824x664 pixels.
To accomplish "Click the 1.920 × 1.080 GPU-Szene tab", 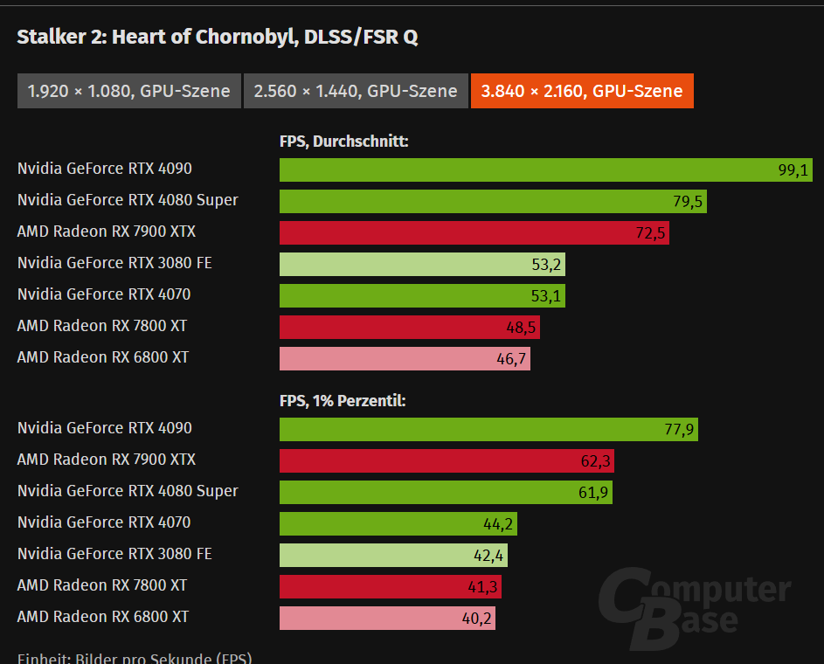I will pyautogui.click(x=129, y=91).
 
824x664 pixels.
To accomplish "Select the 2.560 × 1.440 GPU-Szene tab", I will pyautogui.click(x=356, y=91).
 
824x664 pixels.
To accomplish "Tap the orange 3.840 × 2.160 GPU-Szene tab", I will pyautogui.click(x=582, y=91).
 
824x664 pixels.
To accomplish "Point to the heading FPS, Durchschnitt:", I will pyautogui.click(x=343, y=142).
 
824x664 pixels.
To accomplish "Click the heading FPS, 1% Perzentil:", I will pyautogui.click(x=343, y=401).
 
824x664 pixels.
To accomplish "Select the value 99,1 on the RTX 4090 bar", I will pyautogui.click(x=793, y=170).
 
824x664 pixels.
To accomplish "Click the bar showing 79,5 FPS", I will pyautogui.click(x=493, y=202).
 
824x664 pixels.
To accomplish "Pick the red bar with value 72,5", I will pyautogui.click(x=474, y=233).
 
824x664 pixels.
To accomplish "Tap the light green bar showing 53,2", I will pyautogui.click(x=422, y=265).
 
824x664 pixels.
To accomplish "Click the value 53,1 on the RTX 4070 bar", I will pyautogui.click(x=546, y=296).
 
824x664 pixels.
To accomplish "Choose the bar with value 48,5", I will pyautogui.click(x=410, y=328).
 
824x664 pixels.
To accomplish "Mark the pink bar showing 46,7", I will pyautogui.click(x=405, y=359).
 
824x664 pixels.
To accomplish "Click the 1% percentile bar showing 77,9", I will pyautogui.click(x=488, y=430).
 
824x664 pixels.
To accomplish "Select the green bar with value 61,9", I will pyautogui.click(x=446, y=493).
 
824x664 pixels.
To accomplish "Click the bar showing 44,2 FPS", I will pyautogui.click(x=398, y=524).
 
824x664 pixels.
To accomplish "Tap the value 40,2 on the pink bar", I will pyautogui.click(x=476, y=619).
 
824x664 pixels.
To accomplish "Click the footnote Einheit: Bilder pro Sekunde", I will pyautogui.click(x=135, y=658).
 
